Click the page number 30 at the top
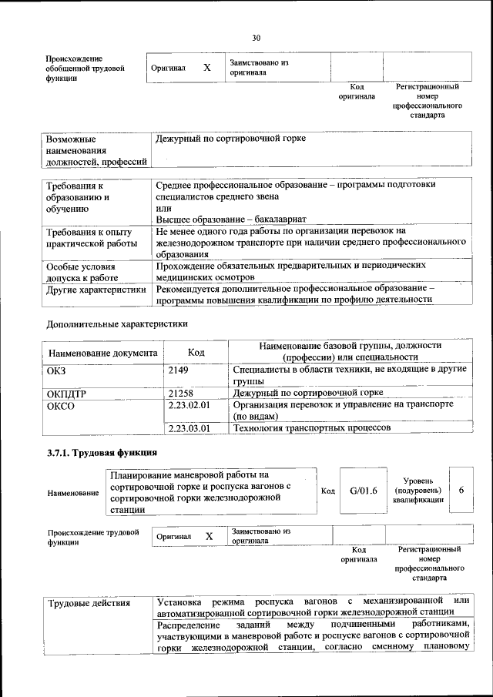coord(256,37)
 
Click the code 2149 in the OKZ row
coord(179,370)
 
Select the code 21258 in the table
coord(180,393)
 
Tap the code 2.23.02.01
coord(189,404)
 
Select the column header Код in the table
coord(196,352)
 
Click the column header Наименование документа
coord(103,353)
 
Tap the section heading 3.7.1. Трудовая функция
coord(102,452)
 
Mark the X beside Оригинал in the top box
coord(206,68)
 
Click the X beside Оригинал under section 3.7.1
coord(209,536)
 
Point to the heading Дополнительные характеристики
coord(116,323)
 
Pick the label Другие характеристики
coord(96,290)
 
